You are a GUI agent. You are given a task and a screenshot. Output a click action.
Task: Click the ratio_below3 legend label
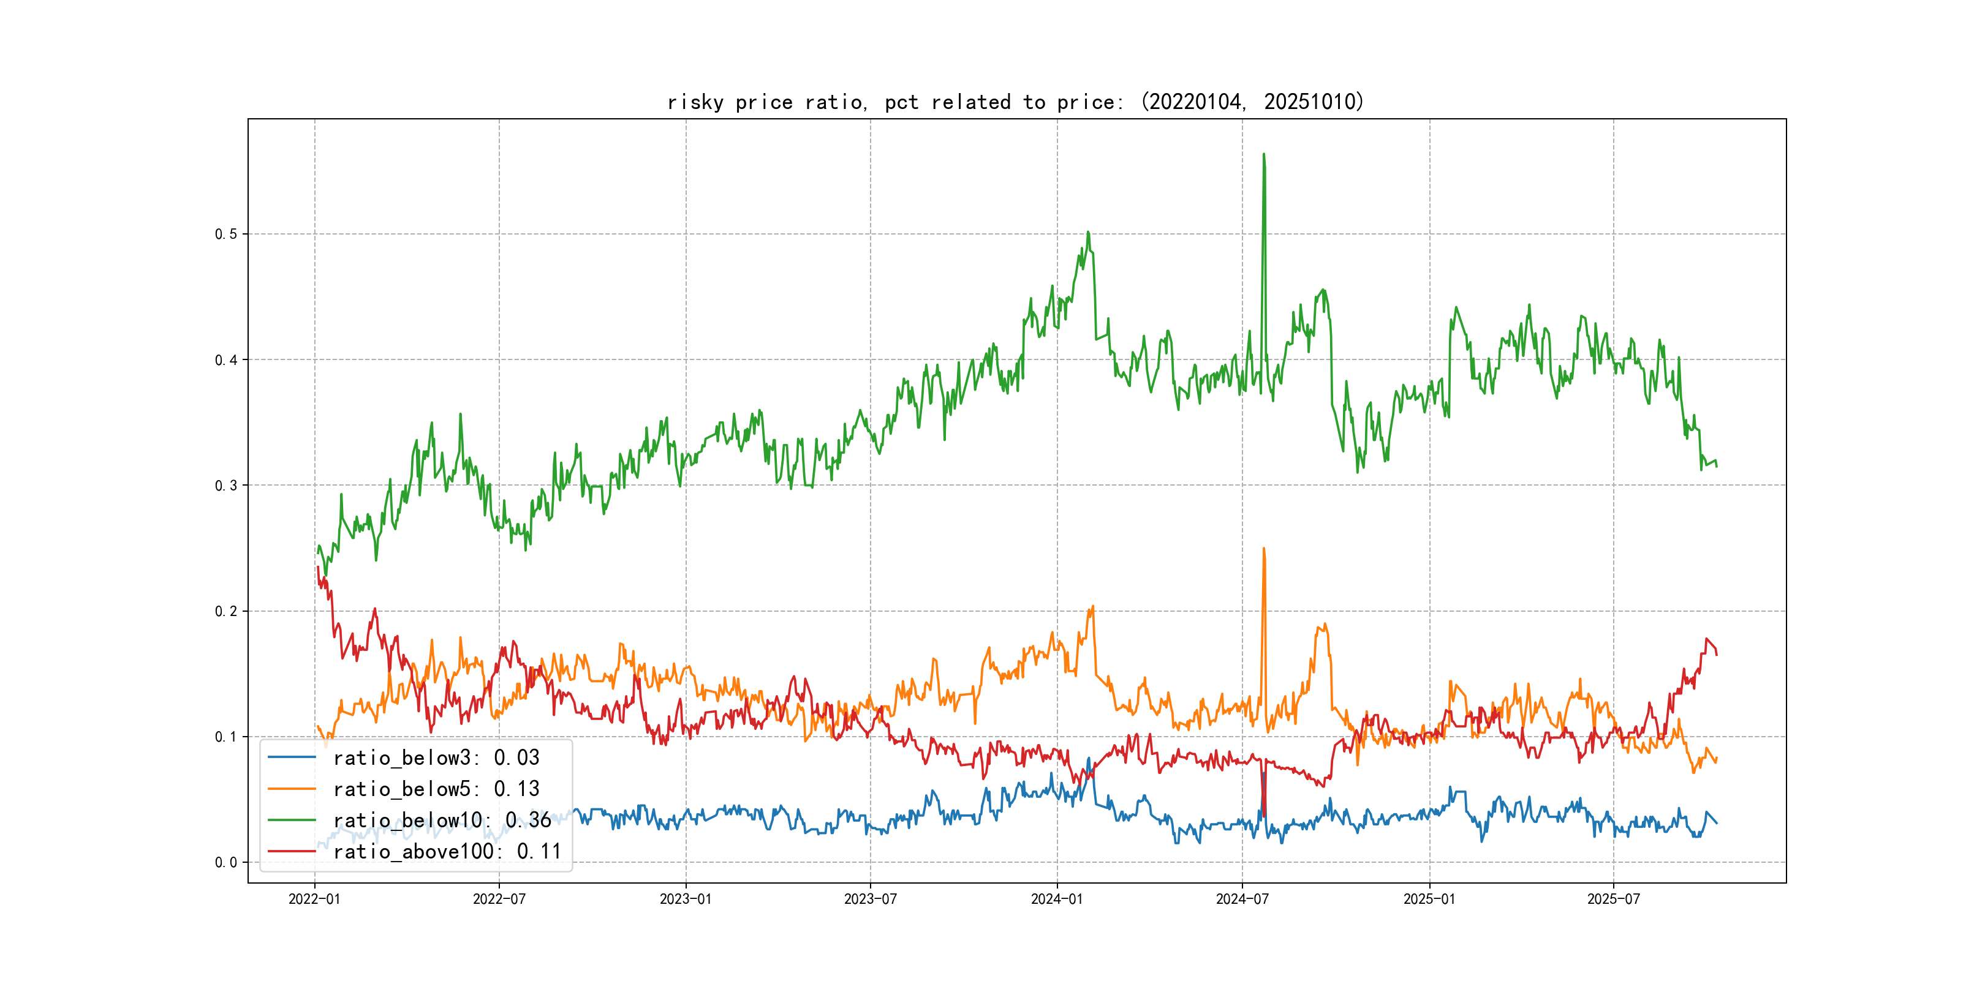tap(436, 758)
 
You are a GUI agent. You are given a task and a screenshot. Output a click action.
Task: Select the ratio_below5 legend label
tap(436, 789)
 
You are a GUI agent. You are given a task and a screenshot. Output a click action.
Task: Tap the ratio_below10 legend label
tap(442, 821)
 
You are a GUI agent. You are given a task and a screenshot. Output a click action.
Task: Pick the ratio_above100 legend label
tap(447, 851)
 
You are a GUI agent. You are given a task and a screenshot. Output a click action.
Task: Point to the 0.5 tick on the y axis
tap(226, 234)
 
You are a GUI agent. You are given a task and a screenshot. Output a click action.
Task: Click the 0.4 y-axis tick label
tap(226, 359)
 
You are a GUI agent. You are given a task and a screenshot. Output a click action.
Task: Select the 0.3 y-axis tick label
tap(226, 485)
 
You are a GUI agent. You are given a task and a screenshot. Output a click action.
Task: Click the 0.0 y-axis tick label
tap(226, 863)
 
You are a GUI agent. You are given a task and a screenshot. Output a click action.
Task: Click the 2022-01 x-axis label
tap(314, 899)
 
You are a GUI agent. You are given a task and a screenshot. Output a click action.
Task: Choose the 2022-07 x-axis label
tap(499, 899)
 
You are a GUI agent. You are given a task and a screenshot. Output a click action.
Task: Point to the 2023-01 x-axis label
tap(686, 899)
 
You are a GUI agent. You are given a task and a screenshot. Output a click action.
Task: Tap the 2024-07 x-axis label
tap(1242, 899)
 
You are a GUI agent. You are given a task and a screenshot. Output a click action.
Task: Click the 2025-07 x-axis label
tap(1614, 899)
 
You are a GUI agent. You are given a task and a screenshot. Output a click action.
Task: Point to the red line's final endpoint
tap(1717, 655)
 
